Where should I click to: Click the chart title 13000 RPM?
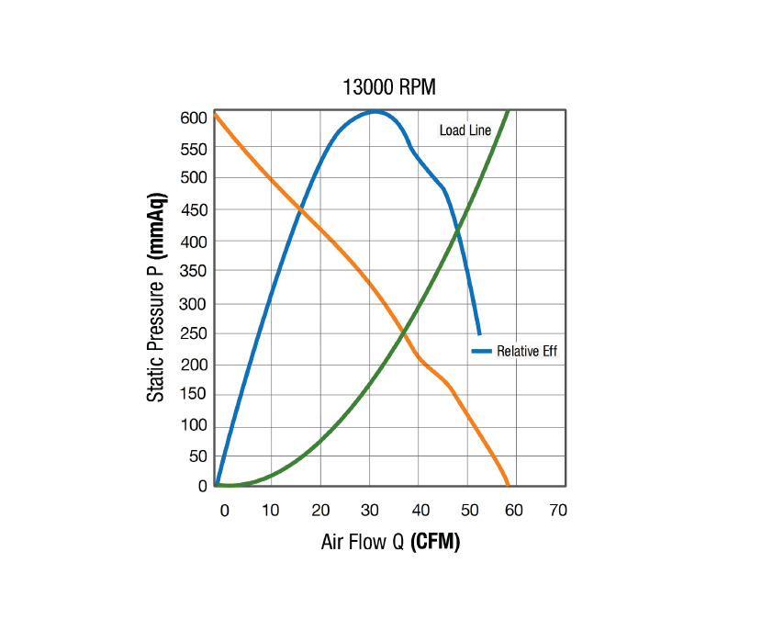[389, 88]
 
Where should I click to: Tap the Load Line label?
[465, 130]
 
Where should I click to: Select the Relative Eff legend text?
[527, 351]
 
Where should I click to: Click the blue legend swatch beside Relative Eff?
[481, 351]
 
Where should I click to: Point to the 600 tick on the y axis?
[194, 118]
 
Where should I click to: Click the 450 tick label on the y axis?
[194, 210]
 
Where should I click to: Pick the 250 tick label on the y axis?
[194, 333]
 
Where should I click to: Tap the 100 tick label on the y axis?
[194, 425]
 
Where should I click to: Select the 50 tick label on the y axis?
[197, 456]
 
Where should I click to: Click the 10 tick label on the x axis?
[270, 511]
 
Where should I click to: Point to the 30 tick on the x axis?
[370, 511]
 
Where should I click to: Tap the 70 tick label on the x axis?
[557, 511]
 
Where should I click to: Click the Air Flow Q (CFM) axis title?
[390, 542]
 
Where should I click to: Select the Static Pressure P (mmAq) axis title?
[157, 298]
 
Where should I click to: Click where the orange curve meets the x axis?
[509, 485]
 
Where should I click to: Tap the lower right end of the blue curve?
[479, 333]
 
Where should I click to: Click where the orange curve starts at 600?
[216, 115]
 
